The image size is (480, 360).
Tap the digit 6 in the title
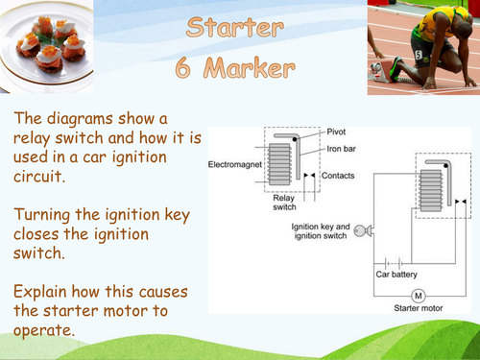pyautogui.click(x=186, y=69)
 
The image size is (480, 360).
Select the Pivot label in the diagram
pyautogui.click(x=338, y=132)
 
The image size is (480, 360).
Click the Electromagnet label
pyautogui.click(x=233, y=165)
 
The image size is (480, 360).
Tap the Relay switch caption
pyautogui.click(x=285, y=204)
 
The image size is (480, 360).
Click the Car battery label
pyautogui.click(x=396, y=274)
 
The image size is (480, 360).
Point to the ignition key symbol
pyautogui.click(x=360, y=230)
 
